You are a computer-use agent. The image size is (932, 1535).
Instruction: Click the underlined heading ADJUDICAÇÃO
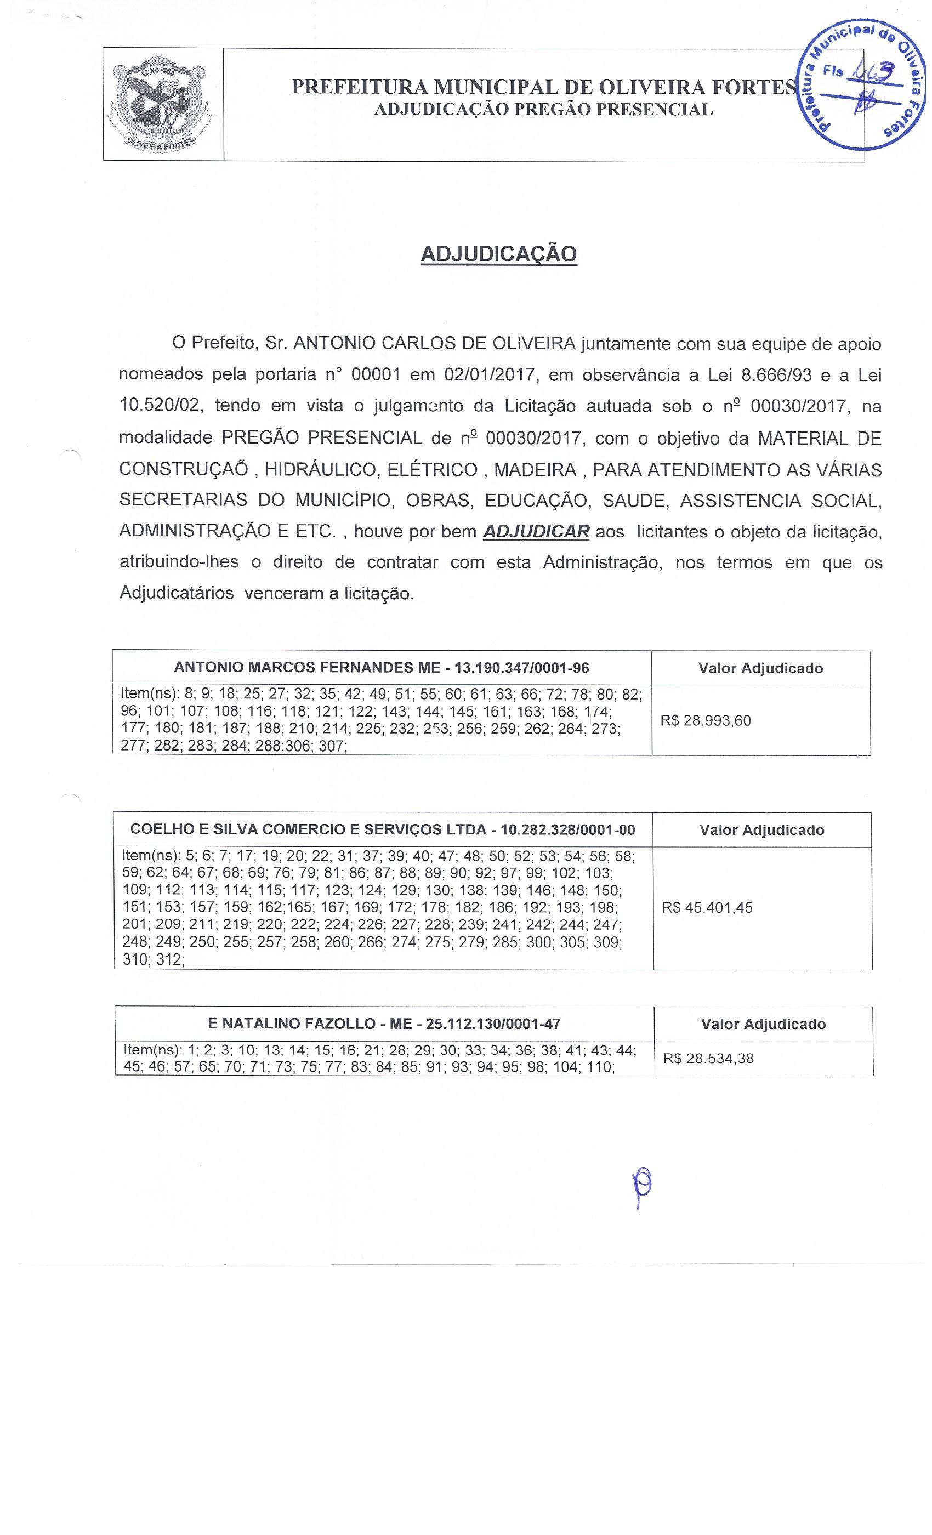498,254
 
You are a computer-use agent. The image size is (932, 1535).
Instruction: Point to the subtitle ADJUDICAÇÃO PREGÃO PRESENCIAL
543,110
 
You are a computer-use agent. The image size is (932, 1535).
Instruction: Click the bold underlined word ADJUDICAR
536,531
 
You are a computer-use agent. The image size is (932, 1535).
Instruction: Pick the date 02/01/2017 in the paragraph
490,375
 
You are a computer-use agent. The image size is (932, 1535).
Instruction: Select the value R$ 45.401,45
707,908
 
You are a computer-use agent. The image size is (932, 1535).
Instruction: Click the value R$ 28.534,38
708,1059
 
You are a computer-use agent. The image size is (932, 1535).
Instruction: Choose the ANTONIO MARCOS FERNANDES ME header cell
381,668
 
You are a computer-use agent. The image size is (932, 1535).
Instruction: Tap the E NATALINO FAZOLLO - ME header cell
384,1024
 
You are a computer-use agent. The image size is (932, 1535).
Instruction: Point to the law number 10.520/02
160,406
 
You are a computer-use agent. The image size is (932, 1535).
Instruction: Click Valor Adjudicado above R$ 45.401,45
761,830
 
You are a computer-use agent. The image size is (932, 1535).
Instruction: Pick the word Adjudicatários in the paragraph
177,593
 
